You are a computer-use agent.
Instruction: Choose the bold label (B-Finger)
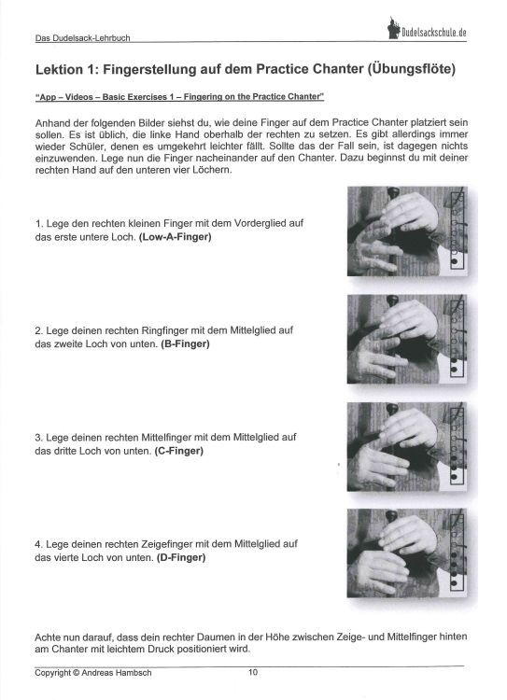tap(185, 344)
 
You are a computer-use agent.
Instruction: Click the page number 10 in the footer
tap(253, 672)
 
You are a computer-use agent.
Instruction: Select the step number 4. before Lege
tap(38, 544)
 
